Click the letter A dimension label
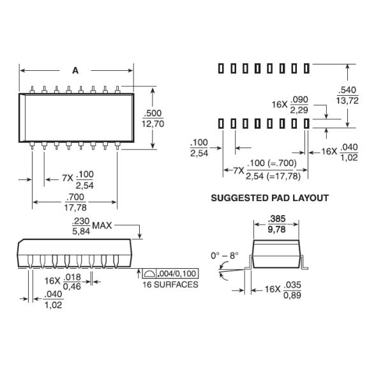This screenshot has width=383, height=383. point(75,71)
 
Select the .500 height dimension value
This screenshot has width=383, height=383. point(153,113)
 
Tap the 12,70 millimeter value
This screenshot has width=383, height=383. point(153,124)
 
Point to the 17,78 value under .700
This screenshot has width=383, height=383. point(75,207)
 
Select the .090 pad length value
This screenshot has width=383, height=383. point(299,100)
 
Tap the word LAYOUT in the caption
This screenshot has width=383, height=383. point(312,199)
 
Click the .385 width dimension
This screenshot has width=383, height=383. point(276,217)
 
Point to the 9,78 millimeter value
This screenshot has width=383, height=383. point(276,228)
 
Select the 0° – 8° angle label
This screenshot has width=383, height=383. point(225,255)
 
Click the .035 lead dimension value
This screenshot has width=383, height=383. point(292,284)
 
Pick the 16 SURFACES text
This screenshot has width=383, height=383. point(170,284)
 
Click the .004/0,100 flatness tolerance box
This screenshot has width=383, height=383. point(170,273)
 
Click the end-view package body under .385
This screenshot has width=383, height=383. point(276,252)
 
